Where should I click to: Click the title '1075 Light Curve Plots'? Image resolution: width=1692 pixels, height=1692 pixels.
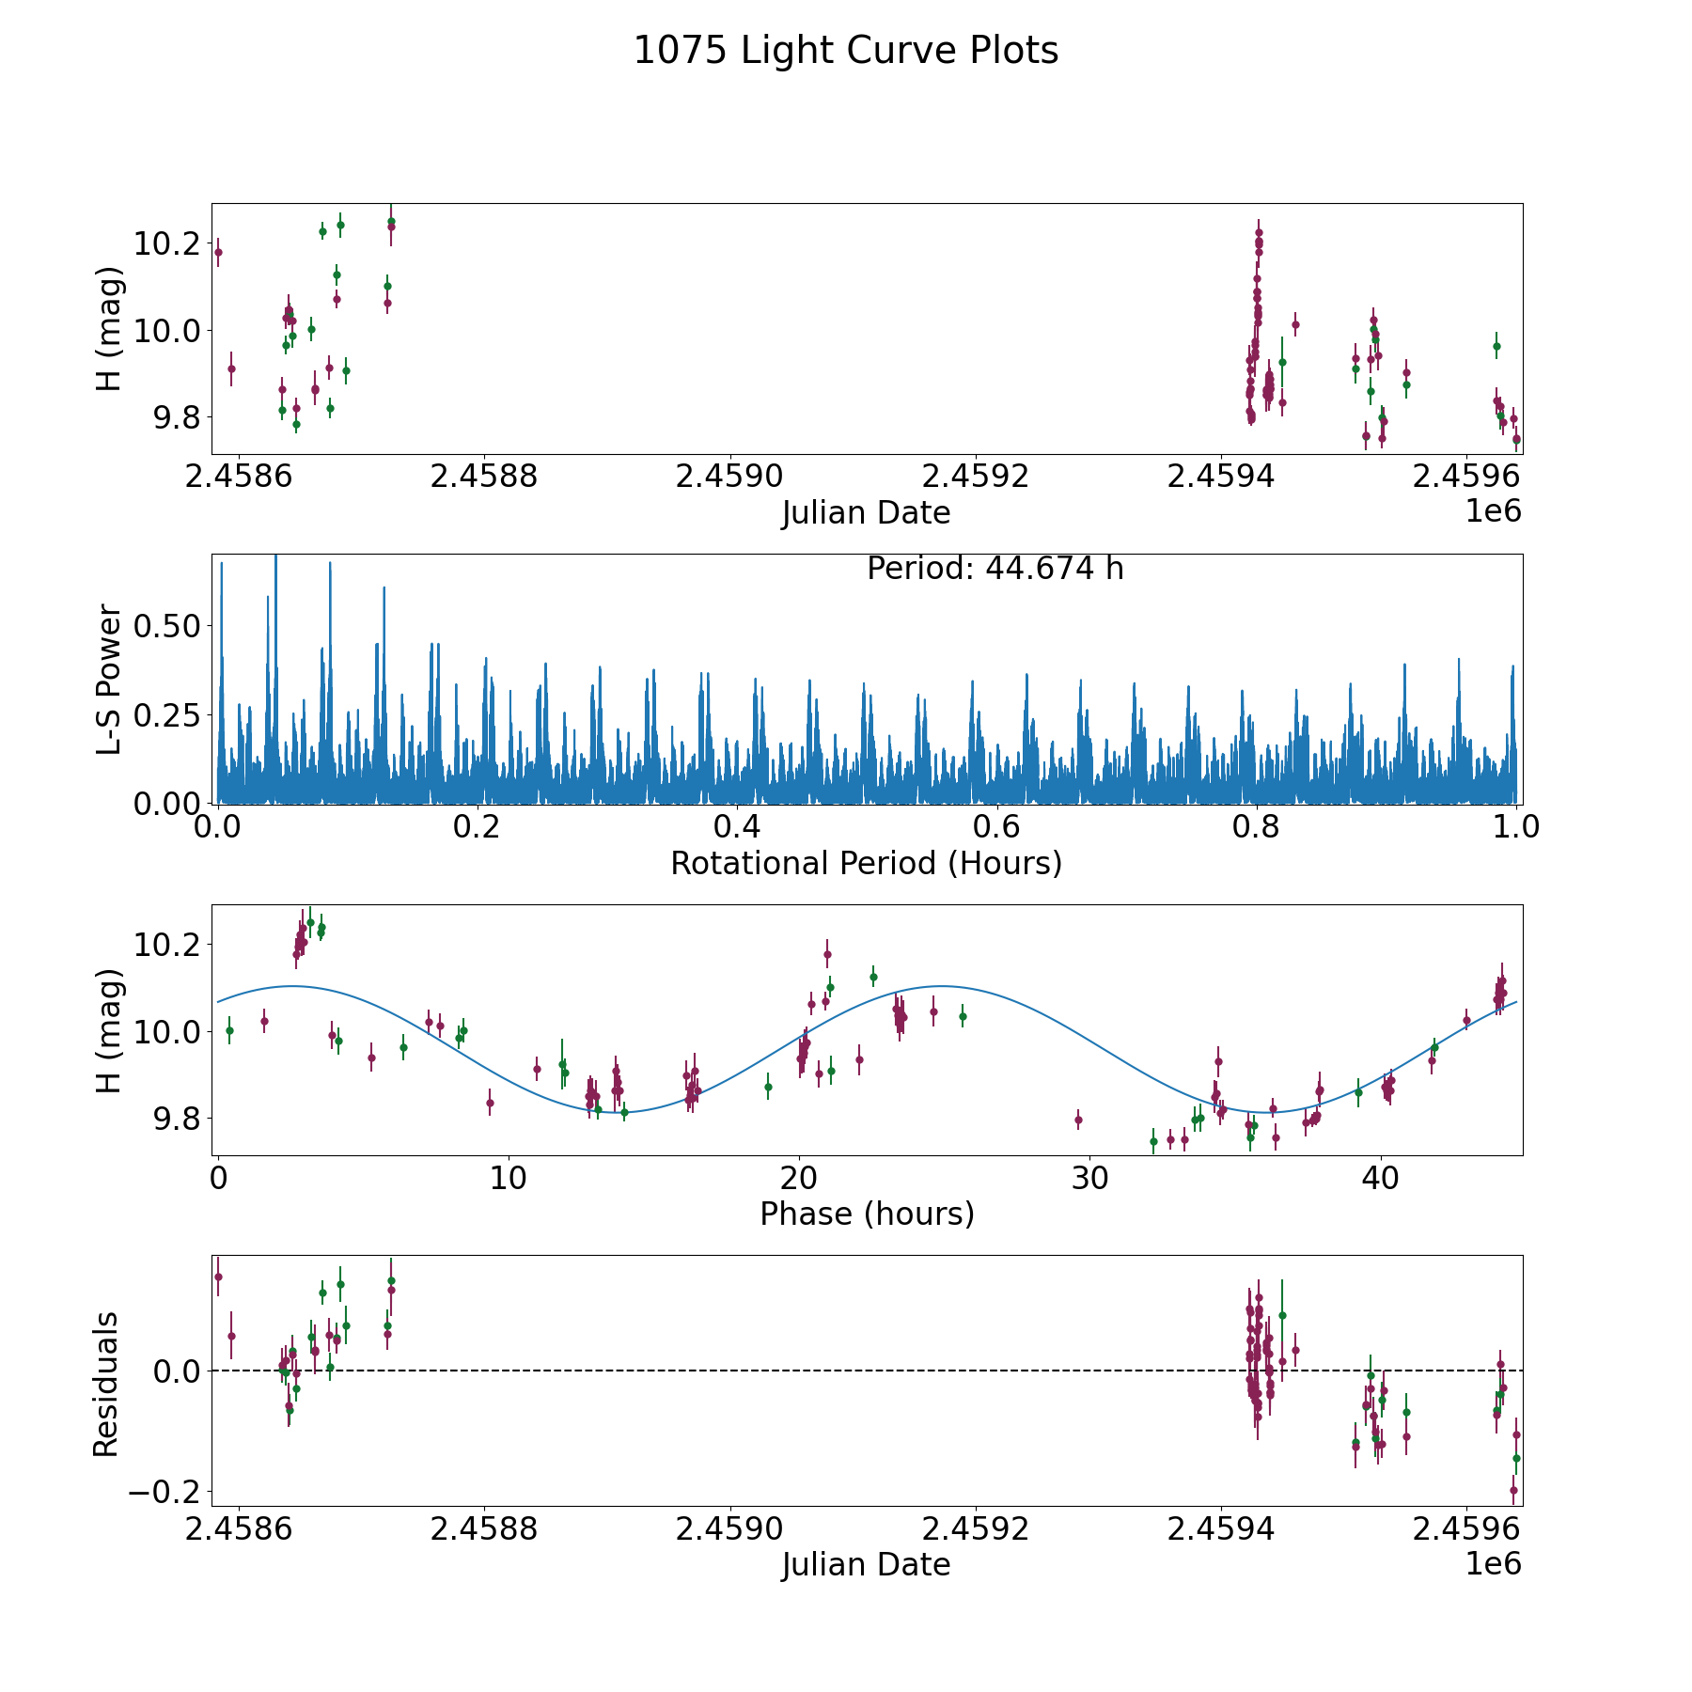click(846, 51)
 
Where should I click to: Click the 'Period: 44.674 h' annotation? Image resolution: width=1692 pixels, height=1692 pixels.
click(995, 569)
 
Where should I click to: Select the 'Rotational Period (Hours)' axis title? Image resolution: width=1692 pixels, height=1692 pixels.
click(866, 863)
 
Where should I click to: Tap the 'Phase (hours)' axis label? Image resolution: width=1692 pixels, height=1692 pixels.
click(866, 1214)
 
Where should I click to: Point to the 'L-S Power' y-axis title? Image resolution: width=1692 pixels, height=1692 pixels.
click(109, 679)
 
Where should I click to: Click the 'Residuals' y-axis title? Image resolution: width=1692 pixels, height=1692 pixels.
click(106, 1384)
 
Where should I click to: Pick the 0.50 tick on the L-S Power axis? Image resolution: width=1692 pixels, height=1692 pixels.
click(166, 626)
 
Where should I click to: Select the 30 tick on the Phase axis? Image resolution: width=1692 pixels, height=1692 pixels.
click(1089, 1178)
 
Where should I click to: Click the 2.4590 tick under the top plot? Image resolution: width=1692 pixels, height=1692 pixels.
click(729, 477)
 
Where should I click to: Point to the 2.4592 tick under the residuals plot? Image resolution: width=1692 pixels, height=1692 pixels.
click(975, 1528)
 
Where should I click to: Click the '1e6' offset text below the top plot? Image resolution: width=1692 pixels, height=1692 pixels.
click(1493, 510)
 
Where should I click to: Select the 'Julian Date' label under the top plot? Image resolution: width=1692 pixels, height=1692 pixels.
click(866, 513)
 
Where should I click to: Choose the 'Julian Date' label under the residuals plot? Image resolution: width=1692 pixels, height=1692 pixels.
click(866, 1564)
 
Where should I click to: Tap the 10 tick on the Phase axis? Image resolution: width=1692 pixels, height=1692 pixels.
click(508, 1178)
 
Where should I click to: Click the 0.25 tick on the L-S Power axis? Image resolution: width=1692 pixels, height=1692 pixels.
click(166, 715)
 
